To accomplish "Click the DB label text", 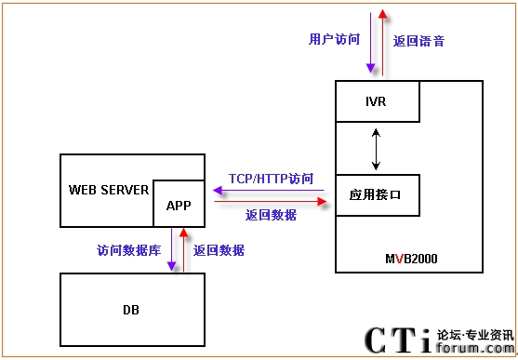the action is (131, 310).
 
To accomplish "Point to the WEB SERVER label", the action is (109, 190).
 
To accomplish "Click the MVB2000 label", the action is (411, 259).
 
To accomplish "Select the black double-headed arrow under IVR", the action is (376, 149).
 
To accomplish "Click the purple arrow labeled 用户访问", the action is (371, 42).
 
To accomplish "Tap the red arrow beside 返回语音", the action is (382, 42).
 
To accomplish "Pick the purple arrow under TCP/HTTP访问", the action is (269, 191).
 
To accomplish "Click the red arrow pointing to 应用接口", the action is (271, 201).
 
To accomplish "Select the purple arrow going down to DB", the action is (171, 249).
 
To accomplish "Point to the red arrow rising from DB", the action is (184, 249).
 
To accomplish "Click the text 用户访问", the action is (334, 39).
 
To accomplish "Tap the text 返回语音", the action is (418, 41).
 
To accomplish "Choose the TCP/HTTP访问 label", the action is (271, 179).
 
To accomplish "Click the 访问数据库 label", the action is (129, 250).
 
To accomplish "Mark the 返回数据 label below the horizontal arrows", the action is (271, 215).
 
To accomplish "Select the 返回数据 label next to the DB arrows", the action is (219, 250).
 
